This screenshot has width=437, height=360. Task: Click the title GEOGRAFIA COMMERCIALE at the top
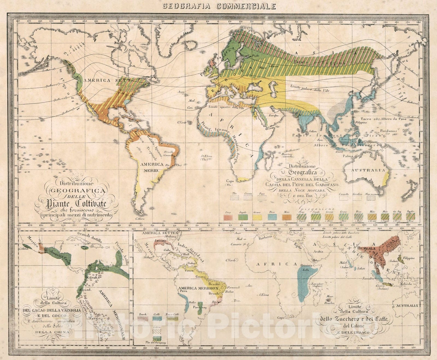coord(218,6)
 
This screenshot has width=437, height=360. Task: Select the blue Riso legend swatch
coord(272,217)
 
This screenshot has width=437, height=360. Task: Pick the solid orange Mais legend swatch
coord(287,217)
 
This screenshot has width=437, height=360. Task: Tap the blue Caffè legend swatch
coord(157,318)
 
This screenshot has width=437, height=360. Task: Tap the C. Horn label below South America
coord(139,218)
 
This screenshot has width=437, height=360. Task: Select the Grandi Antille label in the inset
coord(90,238)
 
